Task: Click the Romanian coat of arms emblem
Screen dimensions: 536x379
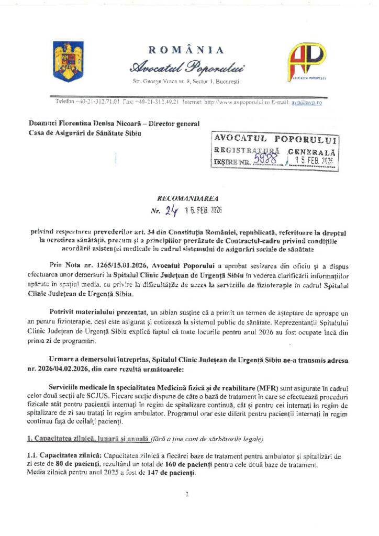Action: coord(65,62)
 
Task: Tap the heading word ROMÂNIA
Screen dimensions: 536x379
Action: coord(186,50)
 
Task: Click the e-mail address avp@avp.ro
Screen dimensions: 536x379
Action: coord(307,103)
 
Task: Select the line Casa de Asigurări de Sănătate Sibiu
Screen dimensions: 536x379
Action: coord(86,133)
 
